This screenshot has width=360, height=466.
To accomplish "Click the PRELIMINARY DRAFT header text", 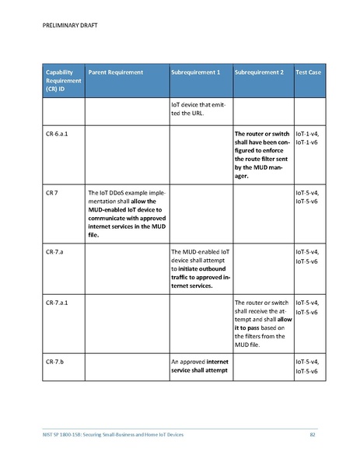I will pyautogui.click(x=63, y=24).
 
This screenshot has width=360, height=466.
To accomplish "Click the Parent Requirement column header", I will pyautogui.click(x=116, y=72).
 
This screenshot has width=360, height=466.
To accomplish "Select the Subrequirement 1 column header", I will pyautogui.click(x=195, y=72).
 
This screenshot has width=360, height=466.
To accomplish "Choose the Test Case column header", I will pyautogui.click(x=309, y=72).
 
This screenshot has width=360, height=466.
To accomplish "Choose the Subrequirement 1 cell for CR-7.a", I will pyautogui.click(x=199, y=269).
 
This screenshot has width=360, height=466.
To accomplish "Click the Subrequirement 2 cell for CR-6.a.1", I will pyautogui.click(x=263, y=155).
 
